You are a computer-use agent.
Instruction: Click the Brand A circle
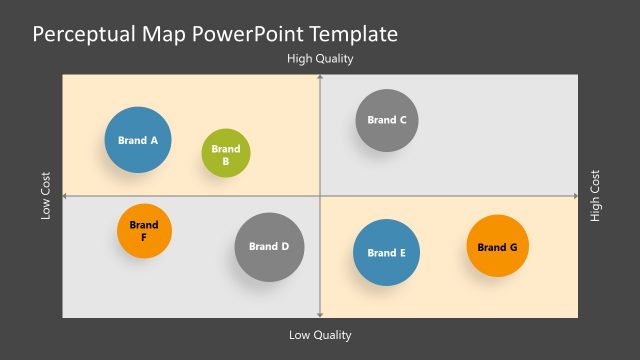[x=138, y=140]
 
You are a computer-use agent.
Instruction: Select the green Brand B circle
[x=226, y=154]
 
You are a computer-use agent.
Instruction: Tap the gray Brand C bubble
[x=387, y=120]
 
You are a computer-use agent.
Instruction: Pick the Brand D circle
[x=269, y=246]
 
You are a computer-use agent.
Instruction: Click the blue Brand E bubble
[x=386, y=253]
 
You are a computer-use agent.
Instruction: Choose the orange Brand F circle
[x=144, y=231]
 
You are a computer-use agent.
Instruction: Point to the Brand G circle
[x=497, y=246]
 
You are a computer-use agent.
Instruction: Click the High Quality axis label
[x=320, y=59]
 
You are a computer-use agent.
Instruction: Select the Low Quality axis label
[x=320, y=335]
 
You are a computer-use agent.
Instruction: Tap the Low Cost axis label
[x=46, y=196]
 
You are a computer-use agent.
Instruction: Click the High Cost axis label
[x=596, y=196]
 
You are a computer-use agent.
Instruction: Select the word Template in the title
[x=353, y=35]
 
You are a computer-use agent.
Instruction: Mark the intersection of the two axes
[x=319, y=196]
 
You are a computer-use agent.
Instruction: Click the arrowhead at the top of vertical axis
[x=319, y=77]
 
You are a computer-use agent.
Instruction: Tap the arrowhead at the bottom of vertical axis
[x=319, y=315]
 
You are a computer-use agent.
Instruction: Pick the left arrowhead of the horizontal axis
[x=65, y=196]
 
